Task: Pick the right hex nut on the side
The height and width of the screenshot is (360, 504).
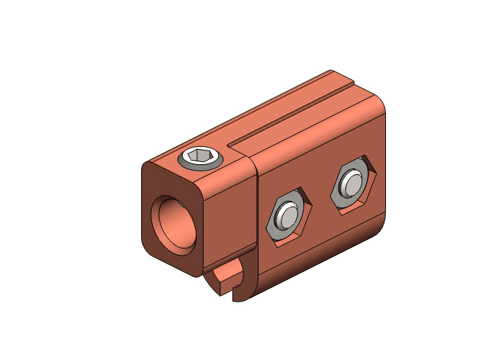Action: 353,185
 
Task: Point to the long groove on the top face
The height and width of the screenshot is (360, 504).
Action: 288,118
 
